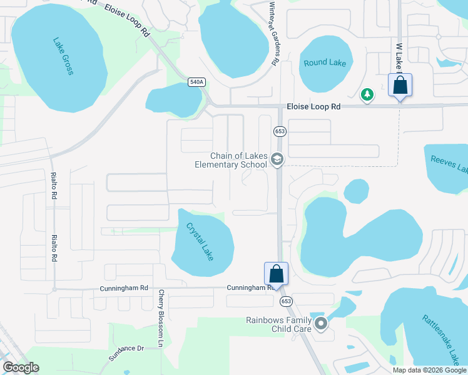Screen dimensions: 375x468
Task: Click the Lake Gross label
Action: [x=63, y=57]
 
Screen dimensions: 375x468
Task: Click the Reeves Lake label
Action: [x=449, y=164]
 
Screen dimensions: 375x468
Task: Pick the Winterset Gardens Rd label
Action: [x=273, y=33]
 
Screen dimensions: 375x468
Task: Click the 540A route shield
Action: [x=196, y=82]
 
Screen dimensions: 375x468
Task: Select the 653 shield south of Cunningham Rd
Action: [x=286, y=301]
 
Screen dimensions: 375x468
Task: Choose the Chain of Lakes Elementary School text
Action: [x=230, y=161]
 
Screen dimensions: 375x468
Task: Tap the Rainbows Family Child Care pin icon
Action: [x=322, y=324]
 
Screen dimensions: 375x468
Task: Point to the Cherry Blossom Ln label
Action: [x=161, y=319]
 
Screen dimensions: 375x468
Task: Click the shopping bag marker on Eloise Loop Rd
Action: [x=400, y=86]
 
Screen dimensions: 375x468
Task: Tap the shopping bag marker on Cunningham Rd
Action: [x=277, y=273]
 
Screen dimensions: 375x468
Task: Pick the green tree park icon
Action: [x=368, y=94]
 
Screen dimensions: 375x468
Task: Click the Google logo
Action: [x=21, y=367]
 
